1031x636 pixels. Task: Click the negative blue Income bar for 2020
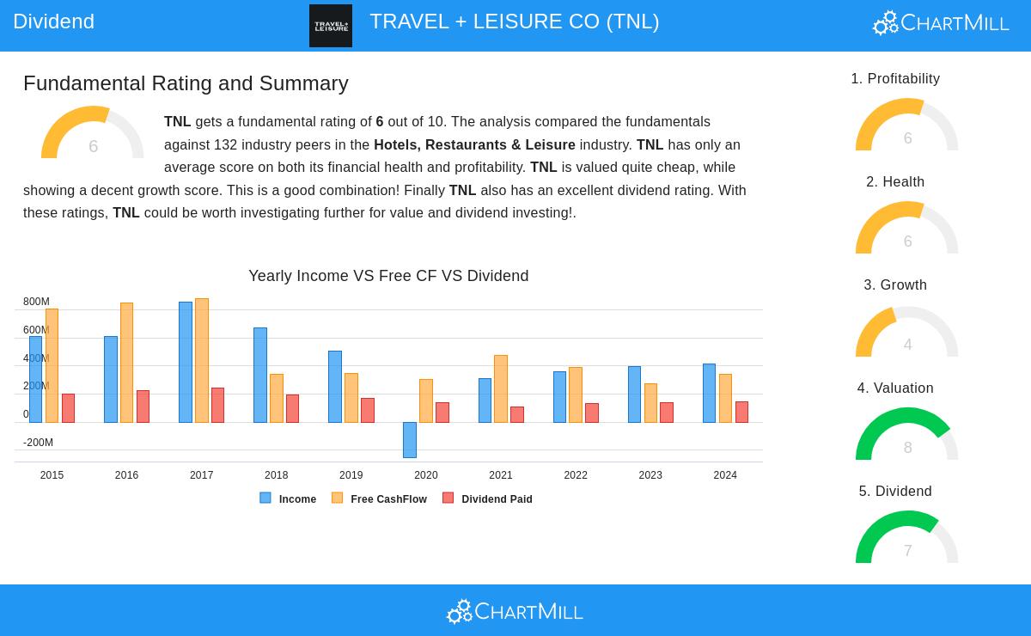pos(409,439)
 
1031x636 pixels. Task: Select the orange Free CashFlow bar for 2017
pos(202,361)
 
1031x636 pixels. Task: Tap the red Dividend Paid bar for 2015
pos(68,408)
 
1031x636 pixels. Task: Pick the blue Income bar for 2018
pos(260,375)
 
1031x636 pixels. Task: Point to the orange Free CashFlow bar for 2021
pos(501,388)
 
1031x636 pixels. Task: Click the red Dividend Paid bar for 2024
pos(741,412)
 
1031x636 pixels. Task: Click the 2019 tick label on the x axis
pos(351,475)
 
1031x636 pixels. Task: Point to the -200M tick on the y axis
pos(38,443)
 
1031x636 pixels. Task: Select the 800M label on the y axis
pos(36,302)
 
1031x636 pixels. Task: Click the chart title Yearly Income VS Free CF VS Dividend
pos(388,276)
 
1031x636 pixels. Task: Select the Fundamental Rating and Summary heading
pos(186,83)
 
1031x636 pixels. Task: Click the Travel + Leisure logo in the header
pos(331,26)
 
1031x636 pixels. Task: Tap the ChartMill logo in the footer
pos(515,611)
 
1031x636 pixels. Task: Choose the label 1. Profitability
pos(895,79)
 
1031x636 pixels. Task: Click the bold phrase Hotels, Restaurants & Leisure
pos(474,145)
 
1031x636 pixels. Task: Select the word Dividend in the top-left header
pos(53,21)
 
